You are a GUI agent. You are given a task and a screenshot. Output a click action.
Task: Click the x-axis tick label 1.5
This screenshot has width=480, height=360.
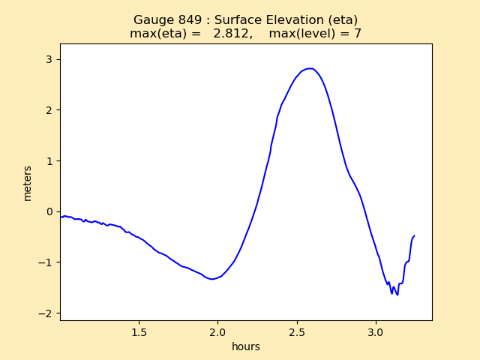pyautogui.click(x=139, y=331)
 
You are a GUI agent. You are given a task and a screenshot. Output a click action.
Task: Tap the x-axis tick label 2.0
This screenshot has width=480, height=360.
pyautogui.click(x=217, y=331)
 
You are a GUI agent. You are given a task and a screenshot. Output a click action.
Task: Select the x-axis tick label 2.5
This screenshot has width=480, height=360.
pyautogui.click(x=297, y=331)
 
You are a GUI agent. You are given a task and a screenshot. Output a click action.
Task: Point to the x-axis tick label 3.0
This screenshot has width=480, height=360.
pyautogui.click(x=376, y=331)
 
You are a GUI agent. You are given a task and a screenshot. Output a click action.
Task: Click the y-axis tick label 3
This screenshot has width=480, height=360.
pyautogui.click(x=49, y=59)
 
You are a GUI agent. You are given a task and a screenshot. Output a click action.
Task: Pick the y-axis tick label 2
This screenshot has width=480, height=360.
pyautogui.click(x=49, y=110)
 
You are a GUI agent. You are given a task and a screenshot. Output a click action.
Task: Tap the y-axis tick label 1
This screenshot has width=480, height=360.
pyautogui.click(x=49, y=161)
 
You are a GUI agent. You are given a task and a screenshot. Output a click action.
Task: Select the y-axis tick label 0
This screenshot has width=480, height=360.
pyautogui.click(x=49, y=211)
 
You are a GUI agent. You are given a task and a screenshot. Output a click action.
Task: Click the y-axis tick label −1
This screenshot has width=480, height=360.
pyautogui.click(x=46, y=262)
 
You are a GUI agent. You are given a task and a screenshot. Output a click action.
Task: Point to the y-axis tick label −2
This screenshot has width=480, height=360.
pyautogui.click(x=46, y=313)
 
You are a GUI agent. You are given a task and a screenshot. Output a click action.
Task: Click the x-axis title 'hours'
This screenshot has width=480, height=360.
pyautogui.click(x=246, y=346)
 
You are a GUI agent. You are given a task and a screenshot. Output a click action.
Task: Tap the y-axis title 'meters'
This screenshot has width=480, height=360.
pyautogui.click(x=28, y=183)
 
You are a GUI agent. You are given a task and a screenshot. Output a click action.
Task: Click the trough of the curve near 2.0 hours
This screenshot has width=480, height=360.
pyautogui.click(x=213, y=279)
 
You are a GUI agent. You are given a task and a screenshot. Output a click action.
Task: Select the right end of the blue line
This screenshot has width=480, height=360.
pyautogui.click(x=414, y=235)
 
